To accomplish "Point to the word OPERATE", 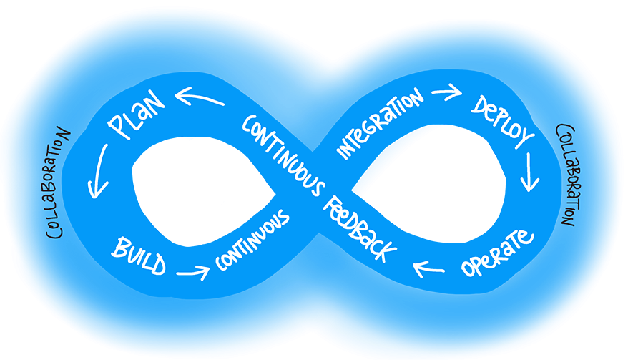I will click(x=497, y=252).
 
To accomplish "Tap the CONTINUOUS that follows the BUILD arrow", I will click(x=252, y=245).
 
